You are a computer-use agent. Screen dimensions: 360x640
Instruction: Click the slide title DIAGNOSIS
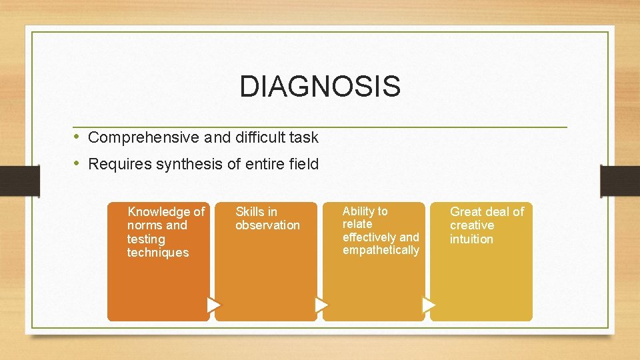tap(320, 87)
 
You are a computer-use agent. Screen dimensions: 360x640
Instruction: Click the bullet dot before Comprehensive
tap(77, 137)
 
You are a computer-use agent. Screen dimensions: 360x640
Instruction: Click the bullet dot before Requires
tap(77, 163)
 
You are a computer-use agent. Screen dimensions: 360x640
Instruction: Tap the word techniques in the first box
tap(158, 253)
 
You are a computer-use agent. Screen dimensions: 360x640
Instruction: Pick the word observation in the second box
tap(267, 225)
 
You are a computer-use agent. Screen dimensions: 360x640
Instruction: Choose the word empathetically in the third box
tap(381, 250)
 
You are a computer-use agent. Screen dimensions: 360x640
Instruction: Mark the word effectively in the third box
tap(370, 237)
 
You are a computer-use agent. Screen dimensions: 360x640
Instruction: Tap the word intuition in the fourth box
tap(471, 239)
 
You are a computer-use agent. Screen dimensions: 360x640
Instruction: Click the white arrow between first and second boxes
tap(213, 305)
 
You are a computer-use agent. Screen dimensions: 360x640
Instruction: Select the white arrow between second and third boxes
tap(321, 305)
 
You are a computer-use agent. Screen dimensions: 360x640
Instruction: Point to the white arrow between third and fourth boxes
tap(429, 305)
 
